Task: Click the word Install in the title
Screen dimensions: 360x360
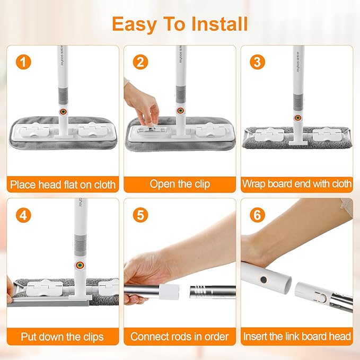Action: (x=219, y=24)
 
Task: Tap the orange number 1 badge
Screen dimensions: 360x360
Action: (x=23, y=62)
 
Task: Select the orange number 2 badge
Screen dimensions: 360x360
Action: (x=141, y=62)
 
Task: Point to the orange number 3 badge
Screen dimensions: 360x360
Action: (x=257, y=62)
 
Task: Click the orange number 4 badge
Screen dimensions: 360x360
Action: (x=23, y=215)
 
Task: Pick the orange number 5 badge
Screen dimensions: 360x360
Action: (x=141, y=215)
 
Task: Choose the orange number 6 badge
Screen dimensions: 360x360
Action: (x=257, y=215)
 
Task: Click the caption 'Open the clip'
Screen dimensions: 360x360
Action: (x=180, y=184)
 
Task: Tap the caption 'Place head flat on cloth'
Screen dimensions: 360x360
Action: (x=63, y=185)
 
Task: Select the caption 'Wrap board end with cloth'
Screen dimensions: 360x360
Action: (x=296, y=183)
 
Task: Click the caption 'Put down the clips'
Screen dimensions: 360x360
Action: (x=62, y=337)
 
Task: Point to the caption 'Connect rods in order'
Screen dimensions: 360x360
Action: (x=179, y=337)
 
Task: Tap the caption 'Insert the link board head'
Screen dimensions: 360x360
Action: (x=297, y=336)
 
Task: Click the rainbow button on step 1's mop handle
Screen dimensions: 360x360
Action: (x=63, y=112)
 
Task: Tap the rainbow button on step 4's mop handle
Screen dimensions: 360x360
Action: (x=80, y=265)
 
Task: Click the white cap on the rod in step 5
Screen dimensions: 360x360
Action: (x=169, y=292)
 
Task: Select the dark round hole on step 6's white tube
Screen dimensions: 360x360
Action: (x=264, y=279)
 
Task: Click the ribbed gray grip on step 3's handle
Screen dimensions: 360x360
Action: (x=298, y=103)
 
